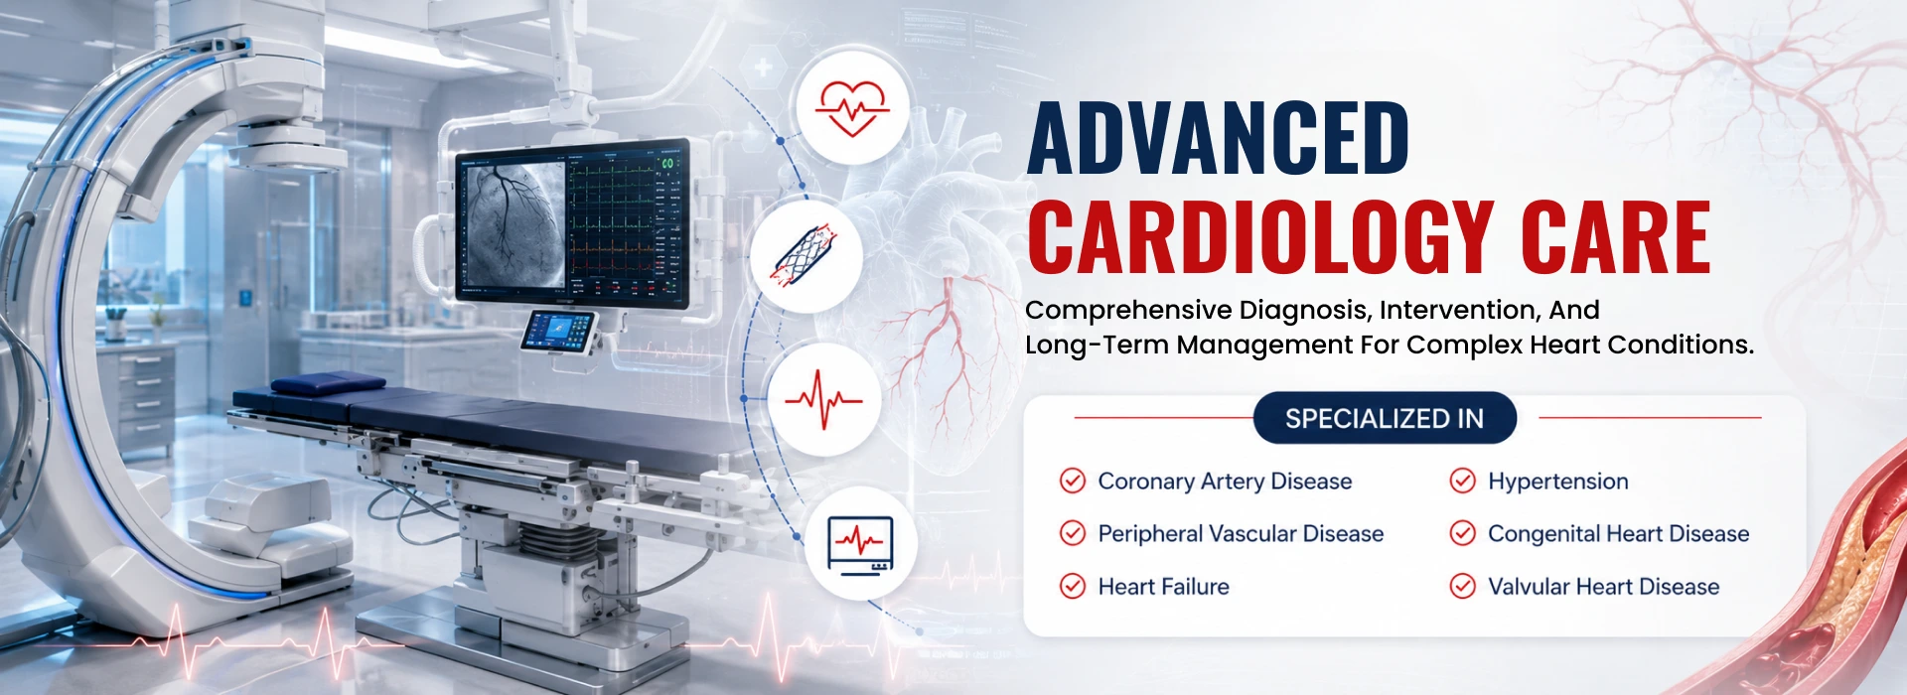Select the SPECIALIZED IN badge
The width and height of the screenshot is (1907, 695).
point(1385,418)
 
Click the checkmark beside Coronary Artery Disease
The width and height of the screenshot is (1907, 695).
point(1073,481)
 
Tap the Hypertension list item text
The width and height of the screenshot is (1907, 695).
point(1558,482)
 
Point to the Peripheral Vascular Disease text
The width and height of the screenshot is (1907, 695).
point(1241,534)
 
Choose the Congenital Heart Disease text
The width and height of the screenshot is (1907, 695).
point(1619,534)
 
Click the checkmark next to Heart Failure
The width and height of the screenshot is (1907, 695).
point(1073,586)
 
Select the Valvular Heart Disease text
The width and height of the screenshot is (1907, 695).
point(1604,587)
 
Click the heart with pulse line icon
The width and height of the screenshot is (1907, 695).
point(853,106)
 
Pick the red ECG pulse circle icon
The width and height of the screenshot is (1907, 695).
point(824,399)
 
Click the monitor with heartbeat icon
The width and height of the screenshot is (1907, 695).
point(860,543)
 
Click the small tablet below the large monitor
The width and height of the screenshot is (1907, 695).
point(559,331)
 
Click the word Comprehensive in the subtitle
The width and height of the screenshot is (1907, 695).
point(1128,311)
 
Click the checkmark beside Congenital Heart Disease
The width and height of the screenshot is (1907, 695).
point(1463,533)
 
